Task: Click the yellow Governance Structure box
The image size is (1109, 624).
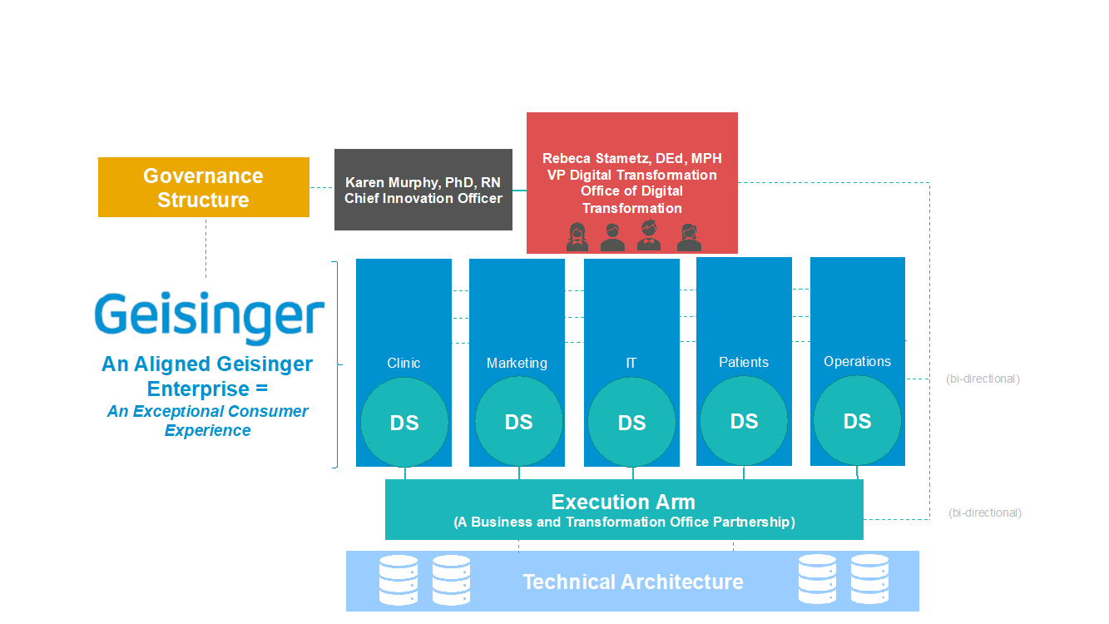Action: point(204,187)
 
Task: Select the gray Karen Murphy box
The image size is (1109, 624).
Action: point(423,190)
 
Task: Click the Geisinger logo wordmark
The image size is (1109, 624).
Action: point(210,318)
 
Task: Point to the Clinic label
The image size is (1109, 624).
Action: point(403,363)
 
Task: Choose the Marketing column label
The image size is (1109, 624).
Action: point(517,363)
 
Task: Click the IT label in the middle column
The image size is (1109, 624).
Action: point(631,363)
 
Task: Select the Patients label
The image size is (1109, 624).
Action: point(744,362)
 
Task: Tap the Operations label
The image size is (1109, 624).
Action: point(857,362)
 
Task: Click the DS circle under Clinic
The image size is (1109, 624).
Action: point(404,423)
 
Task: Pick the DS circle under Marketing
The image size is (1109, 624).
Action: point(519,422)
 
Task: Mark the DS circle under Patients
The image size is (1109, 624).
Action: point(744,421)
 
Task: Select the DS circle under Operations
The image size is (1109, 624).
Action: point(858,421)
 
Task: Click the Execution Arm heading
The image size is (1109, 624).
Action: point(623,503)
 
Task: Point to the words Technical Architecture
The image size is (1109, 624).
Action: point(633,582)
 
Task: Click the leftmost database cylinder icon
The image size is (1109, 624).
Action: point(399,580)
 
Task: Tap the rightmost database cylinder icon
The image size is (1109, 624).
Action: point(870,579)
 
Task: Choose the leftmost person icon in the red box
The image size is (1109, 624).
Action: point(577,237)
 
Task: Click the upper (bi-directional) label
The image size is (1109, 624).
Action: point(983,379)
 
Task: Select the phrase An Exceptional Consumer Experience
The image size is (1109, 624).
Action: point(208,420)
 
